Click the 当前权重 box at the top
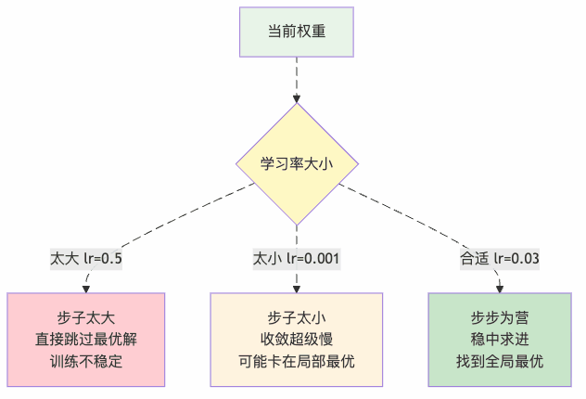click(297, 32)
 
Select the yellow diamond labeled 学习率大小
click(297, 163)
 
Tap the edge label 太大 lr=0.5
click(86, 257)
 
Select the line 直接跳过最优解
click(86, 339)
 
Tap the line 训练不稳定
click(86, 361)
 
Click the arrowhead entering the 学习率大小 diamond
click(297, 97)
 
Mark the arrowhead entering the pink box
click(86, 288)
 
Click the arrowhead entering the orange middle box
click(297, 288)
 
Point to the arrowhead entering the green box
click(501, 288)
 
